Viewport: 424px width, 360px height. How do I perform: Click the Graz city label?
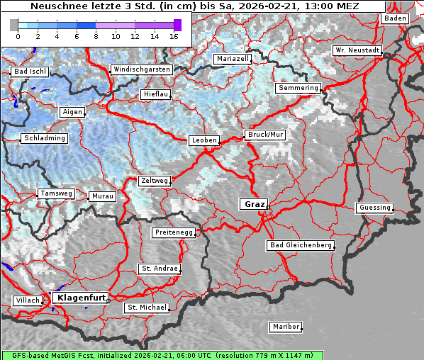(x=254, y=204)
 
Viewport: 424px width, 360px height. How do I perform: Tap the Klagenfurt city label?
(x=80, y=298)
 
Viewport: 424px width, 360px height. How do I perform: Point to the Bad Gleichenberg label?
(x=300, y=245)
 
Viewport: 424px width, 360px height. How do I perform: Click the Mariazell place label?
(x=233, y=58)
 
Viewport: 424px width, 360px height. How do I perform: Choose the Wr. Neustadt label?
(x=357, y=50)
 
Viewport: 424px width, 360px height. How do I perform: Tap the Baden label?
(x=396, y=18)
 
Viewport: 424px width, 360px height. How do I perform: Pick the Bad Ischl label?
(x=29, y=72)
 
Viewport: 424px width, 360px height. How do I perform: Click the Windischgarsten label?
(x=141, y=69)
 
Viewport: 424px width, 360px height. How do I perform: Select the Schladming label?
(x=44, y=138)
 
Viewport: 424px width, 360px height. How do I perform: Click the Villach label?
(x=27, y=300)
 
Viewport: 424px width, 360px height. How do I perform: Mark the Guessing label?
(x=374, y=208)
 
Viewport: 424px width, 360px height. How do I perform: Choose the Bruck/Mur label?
(x=265, y=134)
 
